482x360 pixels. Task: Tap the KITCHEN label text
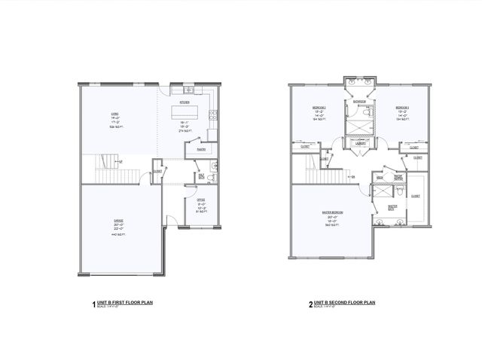183,102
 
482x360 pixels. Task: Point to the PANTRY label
201,150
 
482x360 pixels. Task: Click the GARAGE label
118,221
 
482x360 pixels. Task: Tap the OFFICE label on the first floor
202,200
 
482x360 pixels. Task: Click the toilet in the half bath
212,178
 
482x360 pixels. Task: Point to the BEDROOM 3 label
401,108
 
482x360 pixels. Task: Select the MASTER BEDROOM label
332,212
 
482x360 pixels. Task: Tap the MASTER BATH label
392,206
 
